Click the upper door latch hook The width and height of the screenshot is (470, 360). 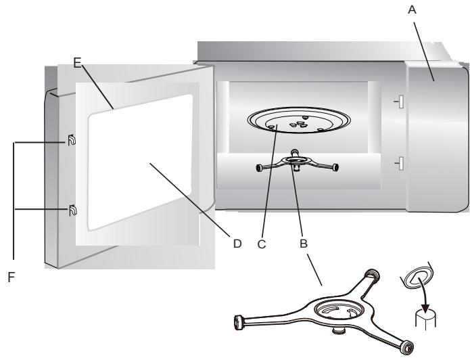coord(70,143)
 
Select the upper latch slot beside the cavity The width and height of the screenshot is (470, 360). coord(400,102)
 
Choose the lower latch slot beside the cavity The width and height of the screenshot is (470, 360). coord(400,163)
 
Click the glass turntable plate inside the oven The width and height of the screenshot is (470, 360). coord(297,122)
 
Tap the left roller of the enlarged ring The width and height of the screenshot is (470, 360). coord(239,321)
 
